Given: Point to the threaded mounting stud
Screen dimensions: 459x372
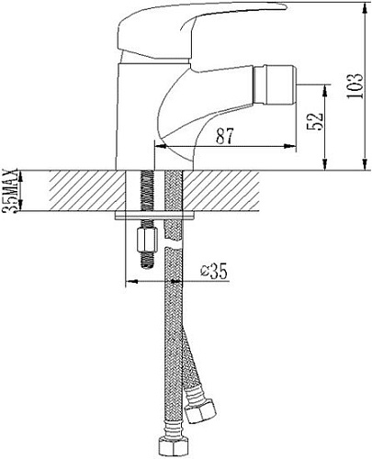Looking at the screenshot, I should tap(144, 197).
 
